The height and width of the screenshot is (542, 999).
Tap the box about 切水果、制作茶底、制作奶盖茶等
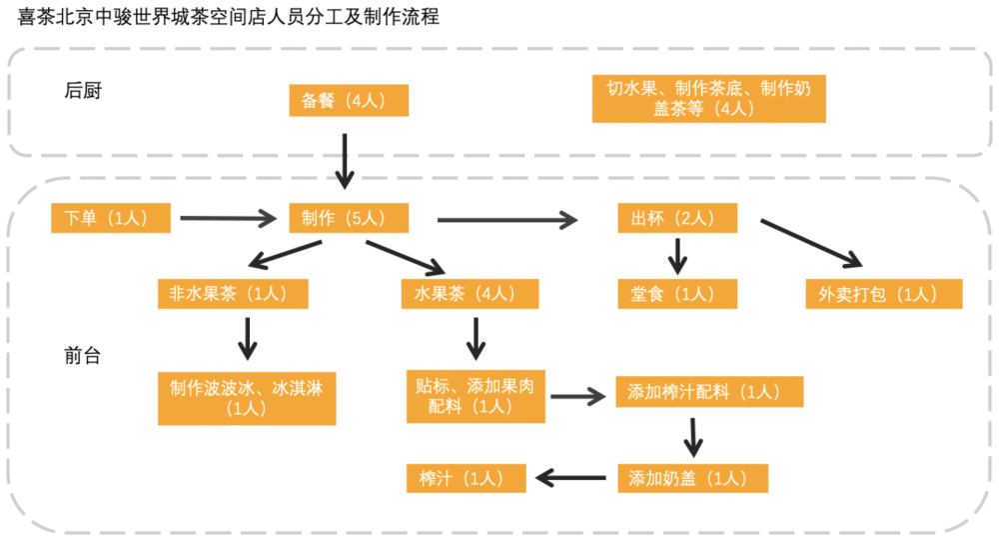click(x=708, y=99)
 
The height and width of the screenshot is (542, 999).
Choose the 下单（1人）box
click(x=112, y=218)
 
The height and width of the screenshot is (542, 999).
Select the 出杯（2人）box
click(x=677, y=218)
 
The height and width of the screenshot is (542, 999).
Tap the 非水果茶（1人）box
click(x=232, y=293)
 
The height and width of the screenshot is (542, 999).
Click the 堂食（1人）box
click(x=677, y=293)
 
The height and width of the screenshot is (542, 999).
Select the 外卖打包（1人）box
click(x=884, y=293)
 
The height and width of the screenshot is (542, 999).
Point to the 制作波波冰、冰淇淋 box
click(x=246, y=398)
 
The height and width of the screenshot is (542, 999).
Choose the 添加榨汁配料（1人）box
click(x=709, y=393)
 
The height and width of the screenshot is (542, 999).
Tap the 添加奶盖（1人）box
click(x=692, y=478)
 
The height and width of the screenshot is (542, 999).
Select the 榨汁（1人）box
click(x=467, y=478)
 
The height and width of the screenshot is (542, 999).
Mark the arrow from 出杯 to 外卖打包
click(x=811, y=243)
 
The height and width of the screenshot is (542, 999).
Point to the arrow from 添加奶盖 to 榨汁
click(x=573, y=478)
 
